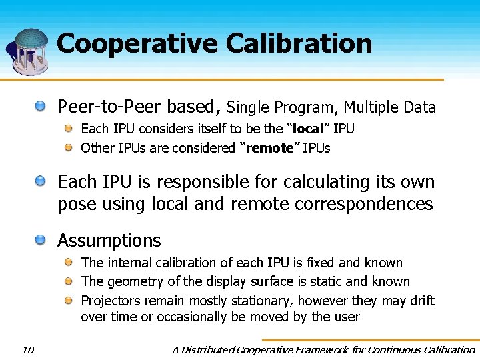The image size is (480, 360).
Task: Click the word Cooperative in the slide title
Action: pos(138,43)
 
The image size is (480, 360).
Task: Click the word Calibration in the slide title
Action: pos(299,43)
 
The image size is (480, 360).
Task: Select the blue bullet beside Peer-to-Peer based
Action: pos(41,105)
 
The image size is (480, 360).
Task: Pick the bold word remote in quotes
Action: pos(269,148)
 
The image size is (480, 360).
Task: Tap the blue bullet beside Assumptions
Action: pos(41,239)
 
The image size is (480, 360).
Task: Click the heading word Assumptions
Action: pos(109,241)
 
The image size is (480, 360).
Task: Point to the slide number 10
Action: pos(27,349)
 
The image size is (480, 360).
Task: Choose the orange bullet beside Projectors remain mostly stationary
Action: pos(69,301)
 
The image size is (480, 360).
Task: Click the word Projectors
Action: pos(107,301)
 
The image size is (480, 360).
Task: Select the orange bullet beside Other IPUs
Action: pos(69,147)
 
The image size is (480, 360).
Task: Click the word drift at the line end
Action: pos(421,301)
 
